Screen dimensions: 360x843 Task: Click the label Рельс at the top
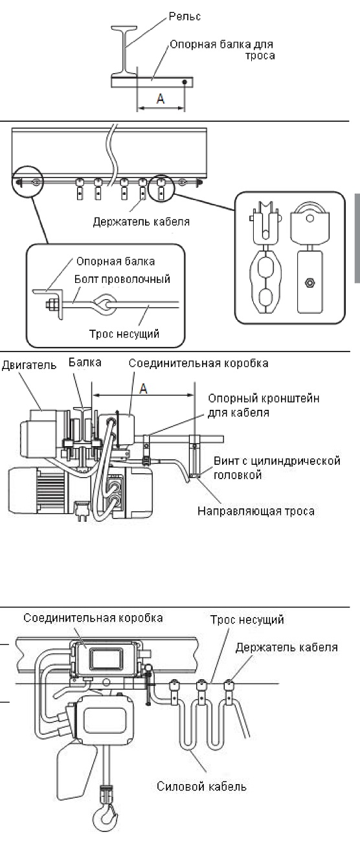point(185,17)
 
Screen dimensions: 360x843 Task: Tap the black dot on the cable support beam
point(185,82)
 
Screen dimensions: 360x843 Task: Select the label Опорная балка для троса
point(222,50)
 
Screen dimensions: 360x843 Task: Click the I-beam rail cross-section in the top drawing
point(124,50)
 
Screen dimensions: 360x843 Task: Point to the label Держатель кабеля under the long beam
point(141,221)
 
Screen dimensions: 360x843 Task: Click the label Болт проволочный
point(122,279)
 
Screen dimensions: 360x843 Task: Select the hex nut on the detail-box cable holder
point(310,282)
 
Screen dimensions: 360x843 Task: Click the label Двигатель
point(29,365)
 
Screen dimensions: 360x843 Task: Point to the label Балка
point(85,363)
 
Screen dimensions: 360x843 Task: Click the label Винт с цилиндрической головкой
point(277,467)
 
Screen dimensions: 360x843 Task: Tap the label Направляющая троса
point(256,511)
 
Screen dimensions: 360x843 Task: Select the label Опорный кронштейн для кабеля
point(264,405)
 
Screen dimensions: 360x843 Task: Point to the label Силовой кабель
point(201,787)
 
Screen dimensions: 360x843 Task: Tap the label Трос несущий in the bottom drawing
point(247,620)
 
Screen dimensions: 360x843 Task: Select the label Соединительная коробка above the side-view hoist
point(198,363)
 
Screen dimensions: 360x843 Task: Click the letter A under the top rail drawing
point(161,98)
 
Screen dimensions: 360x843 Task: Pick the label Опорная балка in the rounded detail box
point(115,262)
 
